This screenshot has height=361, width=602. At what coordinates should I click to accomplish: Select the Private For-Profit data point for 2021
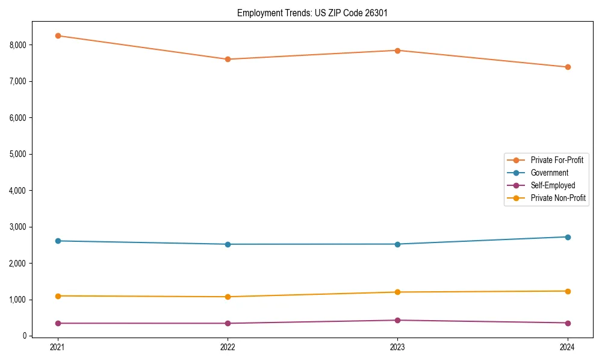[x=58, y=35]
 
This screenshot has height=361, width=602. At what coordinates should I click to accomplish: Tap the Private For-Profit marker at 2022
[x=228, y=59]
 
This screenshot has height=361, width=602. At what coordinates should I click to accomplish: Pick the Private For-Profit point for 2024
[x=567, y=67]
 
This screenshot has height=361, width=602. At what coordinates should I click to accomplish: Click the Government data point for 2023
[x=397, y=244]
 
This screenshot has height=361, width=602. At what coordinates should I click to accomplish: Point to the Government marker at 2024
[x=567, y=237]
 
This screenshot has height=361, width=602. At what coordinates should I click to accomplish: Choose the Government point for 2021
[x=58, y=241]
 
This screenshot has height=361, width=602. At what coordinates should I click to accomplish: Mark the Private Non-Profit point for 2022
[x=228, y=297]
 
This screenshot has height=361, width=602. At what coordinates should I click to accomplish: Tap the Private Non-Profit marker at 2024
[x=567, y=291]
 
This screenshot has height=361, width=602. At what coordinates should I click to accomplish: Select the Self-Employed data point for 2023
[x=397, y=320]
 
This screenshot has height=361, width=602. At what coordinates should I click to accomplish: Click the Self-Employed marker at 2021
[x=58, y=323]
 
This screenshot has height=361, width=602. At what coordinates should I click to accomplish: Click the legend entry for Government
[x=549, y=173]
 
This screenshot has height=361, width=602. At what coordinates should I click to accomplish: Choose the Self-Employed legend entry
[x=553, y=185]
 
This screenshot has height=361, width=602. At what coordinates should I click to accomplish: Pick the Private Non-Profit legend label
[x=558, y=198]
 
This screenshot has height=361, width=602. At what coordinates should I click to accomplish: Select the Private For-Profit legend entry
[x=557, y=160]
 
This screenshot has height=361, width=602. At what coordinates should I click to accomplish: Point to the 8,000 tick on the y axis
[x=18, y=45]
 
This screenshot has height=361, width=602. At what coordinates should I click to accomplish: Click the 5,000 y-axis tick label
[x=18, y=154]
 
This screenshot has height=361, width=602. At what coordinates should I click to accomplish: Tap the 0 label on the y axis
[x=25, y=336]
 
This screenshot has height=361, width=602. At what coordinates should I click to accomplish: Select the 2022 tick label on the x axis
[x=228, y=347]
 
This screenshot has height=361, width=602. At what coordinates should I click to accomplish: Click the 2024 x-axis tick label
[x=567, y=347]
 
